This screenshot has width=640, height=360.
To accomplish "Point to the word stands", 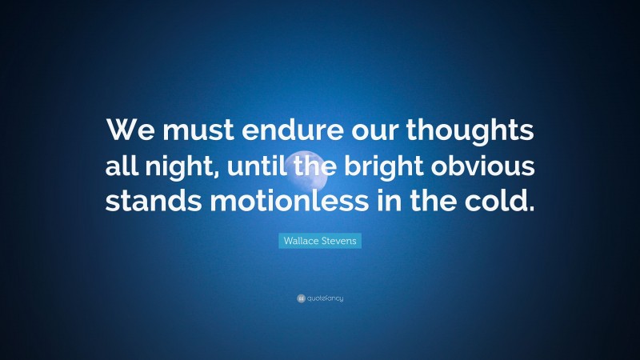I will tap(157, 199).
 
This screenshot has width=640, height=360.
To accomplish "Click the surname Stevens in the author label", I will tap(340, 239).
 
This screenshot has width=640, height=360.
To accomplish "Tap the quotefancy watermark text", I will tap(325, 298).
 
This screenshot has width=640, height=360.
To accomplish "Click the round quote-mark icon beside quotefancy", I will tap(301, 298).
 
